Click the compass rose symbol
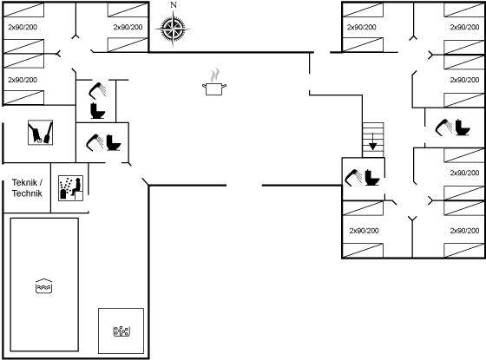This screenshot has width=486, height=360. pos(173,29)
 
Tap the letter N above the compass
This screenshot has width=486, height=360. pos(174,5)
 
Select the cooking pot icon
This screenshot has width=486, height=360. pos(214,88)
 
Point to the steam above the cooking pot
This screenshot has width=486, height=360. pos(214,75)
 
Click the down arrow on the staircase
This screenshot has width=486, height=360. pos(373,142)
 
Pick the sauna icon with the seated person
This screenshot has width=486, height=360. pos(71,188)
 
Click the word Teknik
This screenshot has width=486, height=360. pos(24,182)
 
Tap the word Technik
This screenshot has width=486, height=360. pos(27,193)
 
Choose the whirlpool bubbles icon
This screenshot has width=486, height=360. pos(121,331)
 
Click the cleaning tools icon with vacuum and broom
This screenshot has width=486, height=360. pos(40,132)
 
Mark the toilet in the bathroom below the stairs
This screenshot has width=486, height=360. pos(372,178)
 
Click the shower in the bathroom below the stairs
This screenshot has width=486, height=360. pos(354,177)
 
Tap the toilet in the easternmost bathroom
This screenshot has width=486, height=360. pos(463,128)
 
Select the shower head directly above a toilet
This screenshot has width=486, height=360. pos(97,90)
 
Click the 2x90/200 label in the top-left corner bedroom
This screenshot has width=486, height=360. pos(23,27)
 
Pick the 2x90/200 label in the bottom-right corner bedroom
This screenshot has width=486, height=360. pos(464,231)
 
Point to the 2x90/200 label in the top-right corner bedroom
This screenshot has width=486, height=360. pos(464,27)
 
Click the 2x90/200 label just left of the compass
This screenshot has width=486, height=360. pos(128,27)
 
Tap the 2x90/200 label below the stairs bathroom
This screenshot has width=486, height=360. pos(364,231)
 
